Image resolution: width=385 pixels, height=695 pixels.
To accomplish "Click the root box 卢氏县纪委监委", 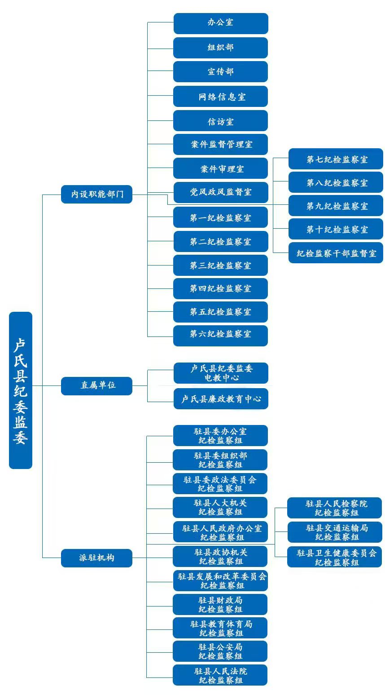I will click(21, 390).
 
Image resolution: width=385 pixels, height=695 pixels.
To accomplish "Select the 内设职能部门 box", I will click(96, 194).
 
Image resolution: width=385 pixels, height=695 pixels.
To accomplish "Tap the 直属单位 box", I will click(96, 385).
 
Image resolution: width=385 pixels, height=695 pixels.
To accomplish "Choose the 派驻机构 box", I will click(96, 558).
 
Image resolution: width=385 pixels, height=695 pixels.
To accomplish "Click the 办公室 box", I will click(220, 23).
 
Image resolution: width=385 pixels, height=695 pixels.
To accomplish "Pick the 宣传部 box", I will click(220, 72).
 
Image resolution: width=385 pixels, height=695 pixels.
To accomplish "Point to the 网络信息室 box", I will click(220, 97).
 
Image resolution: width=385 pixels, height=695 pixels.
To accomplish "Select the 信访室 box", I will click(220, 121).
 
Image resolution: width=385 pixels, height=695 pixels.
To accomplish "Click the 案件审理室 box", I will click(220, 168).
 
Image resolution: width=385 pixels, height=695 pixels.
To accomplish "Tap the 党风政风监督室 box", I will click(220, 192).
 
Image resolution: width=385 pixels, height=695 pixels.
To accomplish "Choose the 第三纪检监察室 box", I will click(220, 265).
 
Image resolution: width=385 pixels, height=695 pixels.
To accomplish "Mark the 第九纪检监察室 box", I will click(336, 206).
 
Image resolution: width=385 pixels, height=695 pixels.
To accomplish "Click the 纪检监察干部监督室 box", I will click(336, 253).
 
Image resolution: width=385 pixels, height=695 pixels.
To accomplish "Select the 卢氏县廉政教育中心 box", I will click(220, 398).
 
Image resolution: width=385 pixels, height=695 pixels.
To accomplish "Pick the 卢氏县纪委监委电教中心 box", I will click(220, 373).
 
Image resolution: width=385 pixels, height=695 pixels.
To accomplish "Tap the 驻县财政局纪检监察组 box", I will click(220, 604).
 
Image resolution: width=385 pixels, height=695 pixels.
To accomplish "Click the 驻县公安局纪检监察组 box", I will click(220, 651).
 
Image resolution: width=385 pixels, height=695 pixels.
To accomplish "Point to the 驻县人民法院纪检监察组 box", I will click(220, 675).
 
